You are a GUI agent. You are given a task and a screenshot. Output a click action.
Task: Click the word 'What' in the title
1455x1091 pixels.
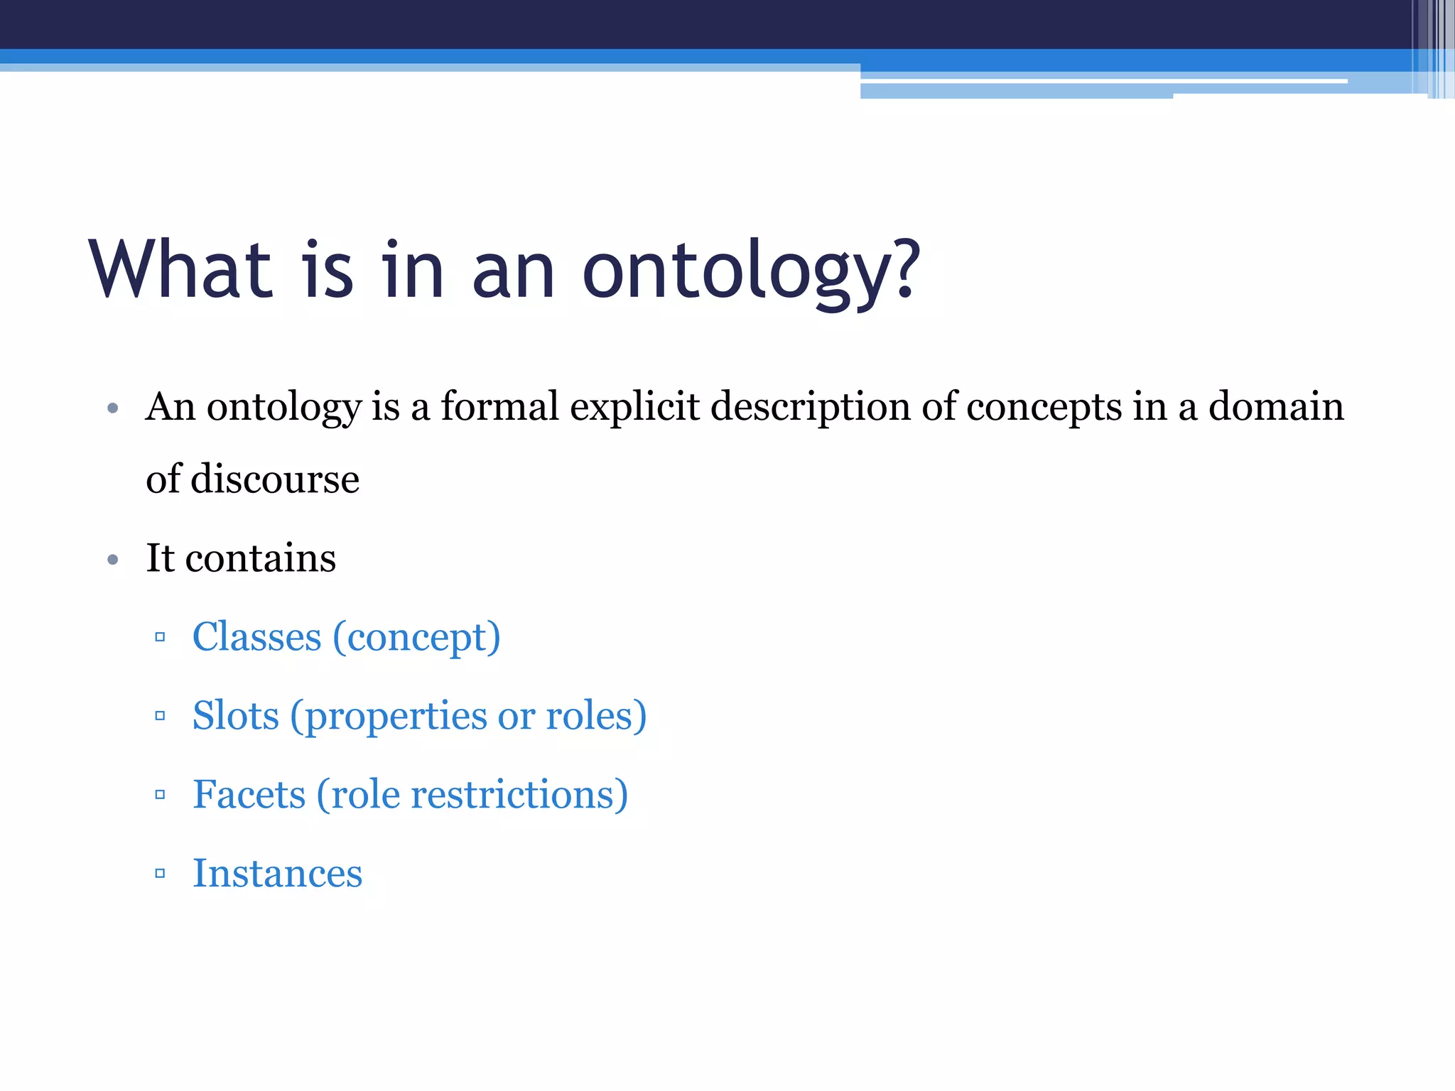180,270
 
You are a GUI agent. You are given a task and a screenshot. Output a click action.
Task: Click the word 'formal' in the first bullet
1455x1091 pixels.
499,407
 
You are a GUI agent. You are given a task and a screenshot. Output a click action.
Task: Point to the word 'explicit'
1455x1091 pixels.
634,408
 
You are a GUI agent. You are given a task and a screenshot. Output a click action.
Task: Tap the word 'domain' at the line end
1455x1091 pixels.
1276,407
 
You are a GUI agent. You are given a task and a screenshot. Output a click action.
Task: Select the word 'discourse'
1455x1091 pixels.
275,479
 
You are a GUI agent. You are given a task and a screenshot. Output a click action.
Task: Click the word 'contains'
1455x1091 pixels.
260,558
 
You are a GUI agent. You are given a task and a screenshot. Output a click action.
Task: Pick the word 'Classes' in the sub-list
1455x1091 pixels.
256,637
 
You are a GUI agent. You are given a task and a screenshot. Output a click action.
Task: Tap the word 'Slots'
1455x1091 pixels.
235,716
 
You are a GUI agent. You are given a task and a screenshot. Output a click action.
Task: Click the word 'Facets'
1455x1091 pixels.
249,795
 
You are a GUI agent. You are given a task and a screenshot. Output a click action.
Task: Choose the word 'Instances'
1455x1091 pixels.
277,874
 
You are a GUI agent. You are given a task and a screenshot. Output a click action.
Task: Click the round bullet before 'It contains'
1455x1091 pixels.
112,560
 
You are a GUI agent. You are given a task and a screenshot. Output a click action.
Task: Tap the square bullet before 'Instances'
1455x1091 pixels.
160,874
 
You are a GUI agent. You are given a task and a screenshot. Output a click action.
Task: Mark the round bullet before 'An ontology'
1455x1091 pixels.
112,409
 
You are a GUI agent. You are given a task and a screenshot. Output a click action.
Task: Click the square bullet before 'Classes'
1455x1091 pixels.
160,637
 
